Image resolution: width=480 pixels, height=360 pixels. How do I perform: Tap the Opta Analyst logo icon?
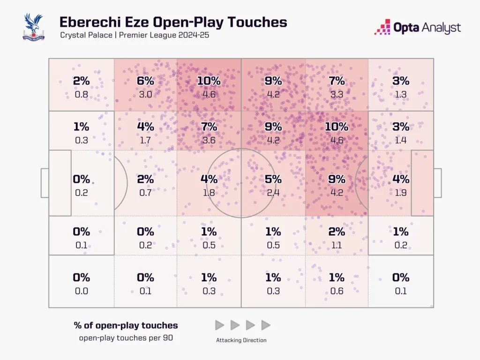[x=382, y=27]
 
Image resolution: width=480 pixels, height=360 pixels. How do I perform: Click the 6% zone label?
[x=145, y=81]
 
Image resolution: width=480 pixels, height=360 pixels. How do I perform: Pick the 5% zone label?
[x=273, y=179]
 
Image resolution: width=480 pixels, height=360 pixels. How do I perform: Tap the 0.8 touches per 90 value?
[x=82, y=94]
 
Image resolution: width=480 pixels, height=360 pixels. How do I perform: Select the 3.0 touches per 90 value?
[x=145, y=94]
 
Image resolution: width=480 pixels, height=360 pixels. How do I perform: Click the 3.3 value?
[x=337, y=94]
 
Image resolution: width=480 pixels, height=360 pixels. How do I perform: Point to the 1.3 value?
[x=401, y=94]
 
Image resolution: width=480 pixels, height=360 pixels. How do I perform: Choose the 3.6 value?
[x=209, y=140]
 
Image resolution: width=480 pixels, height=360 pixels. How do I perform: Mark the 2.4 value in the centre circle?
[x=273, y=192]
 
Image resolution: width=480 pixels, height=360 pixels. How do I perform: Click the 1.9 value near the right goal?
[x=401, y=192]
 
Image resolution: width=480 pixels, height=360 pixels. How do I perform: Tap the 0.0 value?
[x=82, y=291]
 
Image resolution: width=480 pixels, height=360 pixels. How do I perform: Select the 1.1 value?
[x=337, y=245]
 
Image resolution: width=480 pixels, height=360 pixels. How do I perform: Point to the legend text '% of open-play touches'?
[x=126, y=325]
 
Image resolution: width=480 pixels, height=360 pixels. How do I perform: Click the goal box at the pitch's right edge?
[x=437, y=183]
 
